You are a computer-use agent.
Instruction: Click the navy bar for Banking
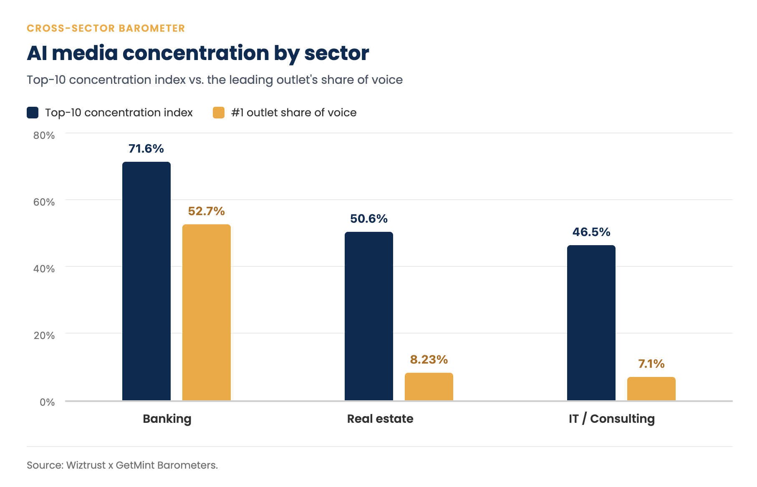146,281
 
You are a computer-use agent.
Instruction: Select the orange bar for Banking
207,313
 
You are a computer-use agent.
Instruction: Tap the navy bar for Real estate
369,316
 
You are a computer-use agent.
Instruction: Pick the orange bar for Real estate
429,387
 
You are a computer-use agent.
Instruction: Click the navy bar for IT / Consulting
591,323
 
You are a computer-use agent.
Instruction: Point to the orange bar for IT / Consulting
651,389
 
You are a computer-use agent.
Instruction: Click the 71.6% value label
146,148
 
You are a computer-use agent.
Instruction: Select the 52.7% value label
207,211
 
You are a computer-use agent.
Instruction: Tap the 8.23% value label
429,359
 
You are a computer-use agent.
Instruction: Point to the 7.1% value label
651,364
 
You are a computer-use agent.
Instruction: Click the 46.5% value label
591,232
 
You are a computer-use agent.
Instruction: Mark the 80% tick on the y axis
44,135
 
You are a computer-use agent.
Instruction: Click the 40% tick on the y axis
44,269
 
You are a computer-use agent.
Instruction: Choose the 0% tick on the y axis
47,402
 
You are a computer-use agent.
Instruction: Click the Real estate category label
380,419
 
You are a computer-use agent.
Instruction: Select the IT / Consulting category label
612,419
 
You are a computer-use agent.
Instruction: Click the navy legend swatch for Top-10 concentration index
33,113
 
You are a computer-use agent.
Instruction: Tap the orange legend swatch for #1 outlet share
219,113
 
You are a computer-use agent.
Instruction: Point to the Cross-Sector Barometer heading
106,28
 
